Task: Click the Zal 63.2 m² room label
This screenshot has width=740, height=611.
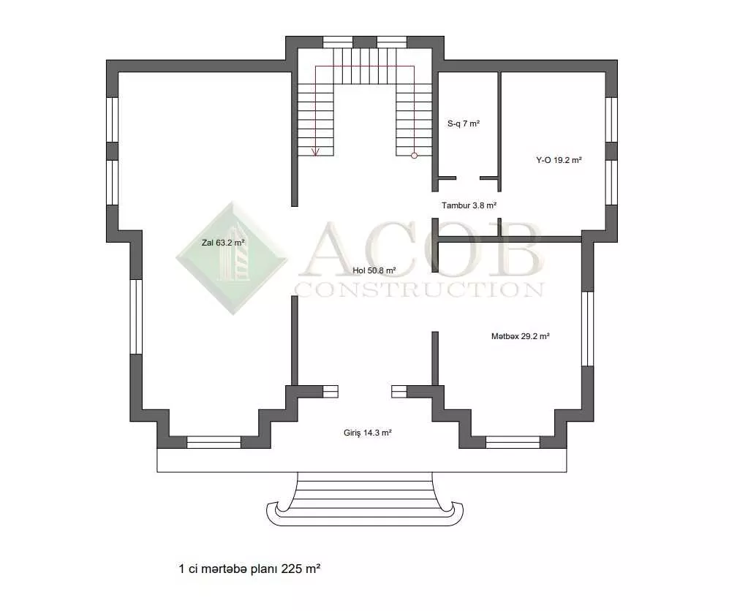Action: [223, 243]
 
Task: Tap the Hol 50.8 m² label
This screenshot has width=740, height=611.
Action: [374, 270]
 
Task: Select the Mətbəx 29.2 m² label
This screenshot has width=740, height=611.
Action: [520, 336]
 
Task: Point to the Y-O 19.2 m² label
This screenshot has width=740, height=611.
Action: [559, 160]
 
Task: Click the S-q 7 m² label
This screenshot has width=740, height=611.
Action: [464, 124]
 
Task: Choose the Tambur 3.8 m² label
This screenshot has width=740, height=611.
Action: [469, 205]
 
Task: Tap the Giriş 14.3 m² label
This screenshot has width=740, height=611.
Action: [368, 433]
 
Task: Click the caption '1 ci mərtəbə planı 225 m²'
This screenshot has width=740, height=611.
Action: [249, 569]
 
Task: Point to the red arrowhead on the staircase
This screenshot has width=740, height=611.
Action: [316, 152]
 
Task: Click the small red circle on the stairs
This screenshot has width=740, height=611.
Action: [415, 155]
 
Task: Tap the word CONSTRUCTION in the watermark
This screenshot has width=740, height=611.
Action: [419, 289]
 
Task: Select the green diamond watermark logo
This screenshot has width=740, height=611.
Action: [232, 258]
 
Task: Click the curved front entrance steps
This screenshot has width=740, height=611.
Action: [365, 499]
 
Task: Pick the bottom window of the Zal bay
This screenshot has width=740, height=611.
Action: [214, 442]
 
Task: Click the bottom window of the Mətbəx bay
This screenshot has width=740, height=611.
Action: [513, 442]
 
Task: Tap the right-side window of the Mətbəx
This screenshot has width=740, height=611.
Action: [588, 329]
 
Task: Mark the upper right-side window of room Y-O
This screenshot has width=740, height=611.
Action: [611, 119]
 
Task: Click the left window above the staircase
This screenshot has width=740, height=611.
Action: [338, 42]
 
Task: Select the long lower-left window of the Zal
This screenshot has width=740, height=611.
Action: [136, 316]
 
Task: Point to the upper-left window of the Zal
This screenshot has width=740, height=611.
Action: [113, 119]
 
